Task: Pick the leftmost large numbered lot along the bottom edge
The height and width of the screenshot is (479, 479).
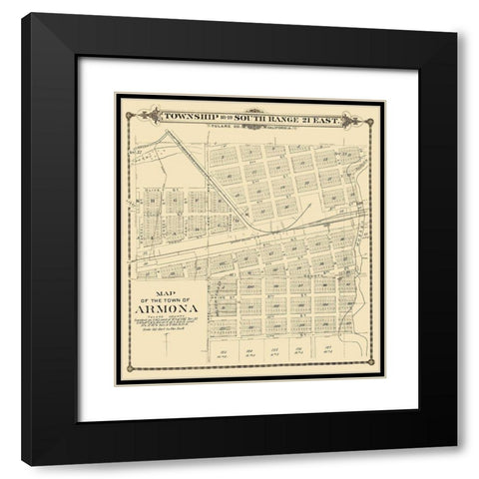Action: pyautogui.click(x=225, y=354)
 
